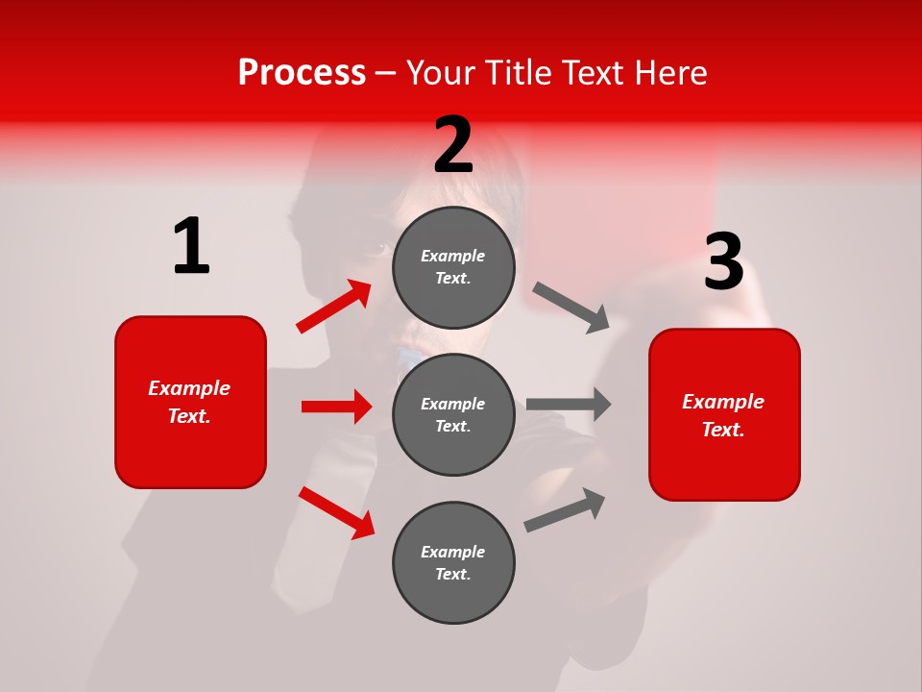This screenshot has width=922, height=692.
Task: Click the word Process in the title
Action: click(302, 72)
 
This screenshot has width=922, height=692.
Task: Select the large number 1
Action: click(191, 247)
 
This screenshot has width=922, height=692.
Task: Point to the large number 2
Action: click(453, 145)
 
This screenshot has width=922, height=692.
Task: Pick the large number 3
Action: click(723, 262)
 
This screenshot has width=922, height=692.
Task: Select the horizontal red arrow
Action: click(336, 407)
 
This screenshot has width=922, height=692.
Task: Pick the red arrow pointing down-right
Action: click(336, 511)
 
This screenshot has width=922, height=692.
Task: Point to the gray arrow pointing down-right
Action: click(571, 308)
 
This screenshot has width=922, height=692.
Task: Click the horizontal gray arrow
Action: click(569, 404)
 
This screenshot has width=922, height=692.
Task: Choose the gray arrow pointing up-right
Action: click(565, 509)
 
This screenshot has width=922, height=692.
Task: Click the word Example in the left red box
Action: click(189, 388)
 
